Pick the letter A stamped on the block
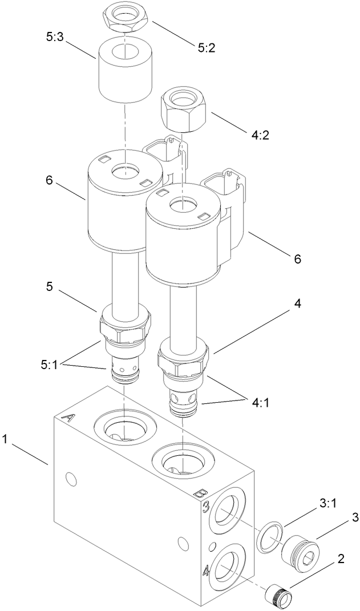coord(67,419)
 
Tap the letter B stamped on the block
coord(200,493)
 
